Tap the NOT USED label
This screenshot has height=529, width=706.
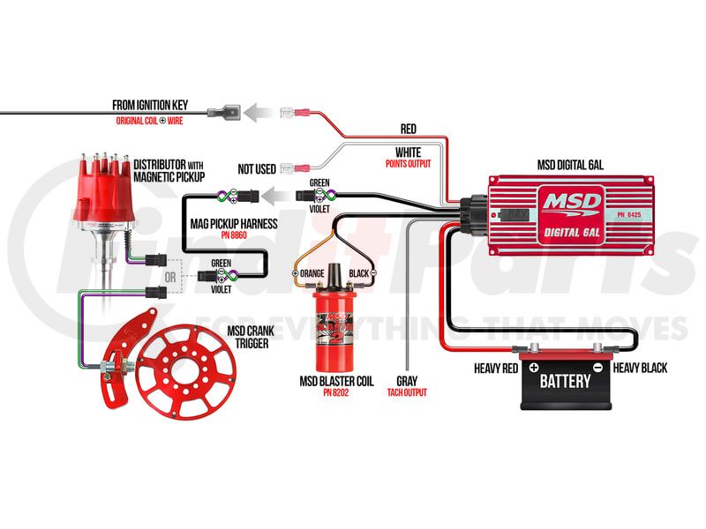[x=258, y=168]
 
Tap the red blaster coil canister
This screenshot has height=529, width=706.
[x=337, y=323]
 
